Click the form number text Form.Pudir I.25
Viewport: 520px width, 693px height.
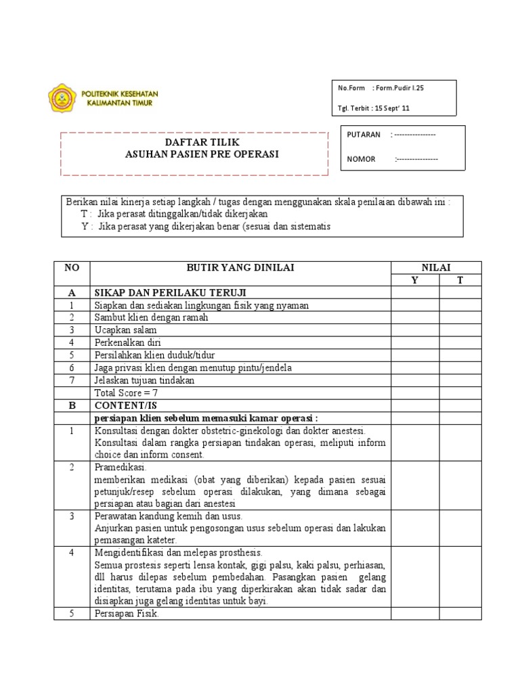[405, 88]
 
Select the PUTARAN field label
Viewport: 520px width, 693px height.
[364, 135]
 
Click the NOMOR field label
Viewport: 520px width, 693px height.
[361, 159]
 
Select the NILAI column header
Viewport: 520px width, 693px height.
[436, 268]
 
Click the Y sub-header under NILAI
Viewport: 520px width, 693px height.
[415, 280]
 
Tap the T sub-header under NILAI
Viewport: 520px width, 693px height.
[460, 280]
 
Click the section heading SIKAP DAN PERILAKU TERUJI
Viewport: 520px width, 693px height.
[170, 292]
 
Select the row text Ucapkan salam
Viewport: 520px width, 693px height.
[125, 330]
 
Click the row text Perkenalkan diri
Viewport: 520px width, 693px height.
[127, 342]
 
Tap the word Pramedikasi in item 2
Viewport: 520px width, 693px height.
[116, 468]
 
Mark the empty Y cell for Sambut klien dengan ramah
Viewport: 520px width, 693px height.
[415, 317]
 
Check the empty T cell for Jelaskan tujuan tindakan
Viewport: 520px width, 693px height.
[460, 380]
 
